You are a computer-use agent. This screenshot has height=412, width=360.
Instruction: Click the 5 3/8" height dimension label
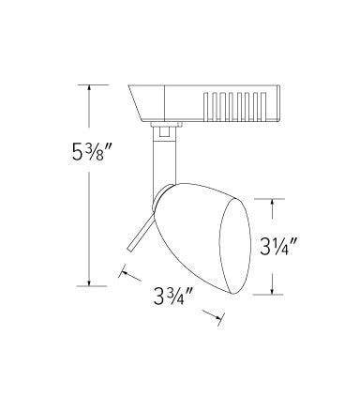(91, 151)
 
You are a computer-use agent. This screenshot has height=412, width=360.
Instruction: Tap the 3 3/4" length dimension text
(172, 297)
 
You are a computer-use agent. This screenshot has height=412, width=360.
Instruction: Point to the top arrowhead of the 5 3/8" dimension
(89, 87)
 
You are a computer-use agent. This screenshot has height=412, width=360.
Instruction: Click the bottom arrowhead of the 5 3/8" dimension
(89, 282)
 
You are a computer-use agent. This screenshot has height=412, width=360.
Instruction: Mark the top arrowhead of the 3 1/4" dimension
(273, 202)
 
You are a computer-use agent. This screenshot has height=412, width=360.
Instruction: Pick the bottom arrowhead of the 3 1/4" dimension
(273, 291)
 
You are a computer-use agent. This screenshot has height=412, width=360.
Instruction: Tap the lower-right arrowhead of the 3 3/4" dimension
(218, 317)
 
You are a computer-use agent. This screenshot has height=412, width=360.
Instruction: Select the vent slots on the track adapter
(234, 106)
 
